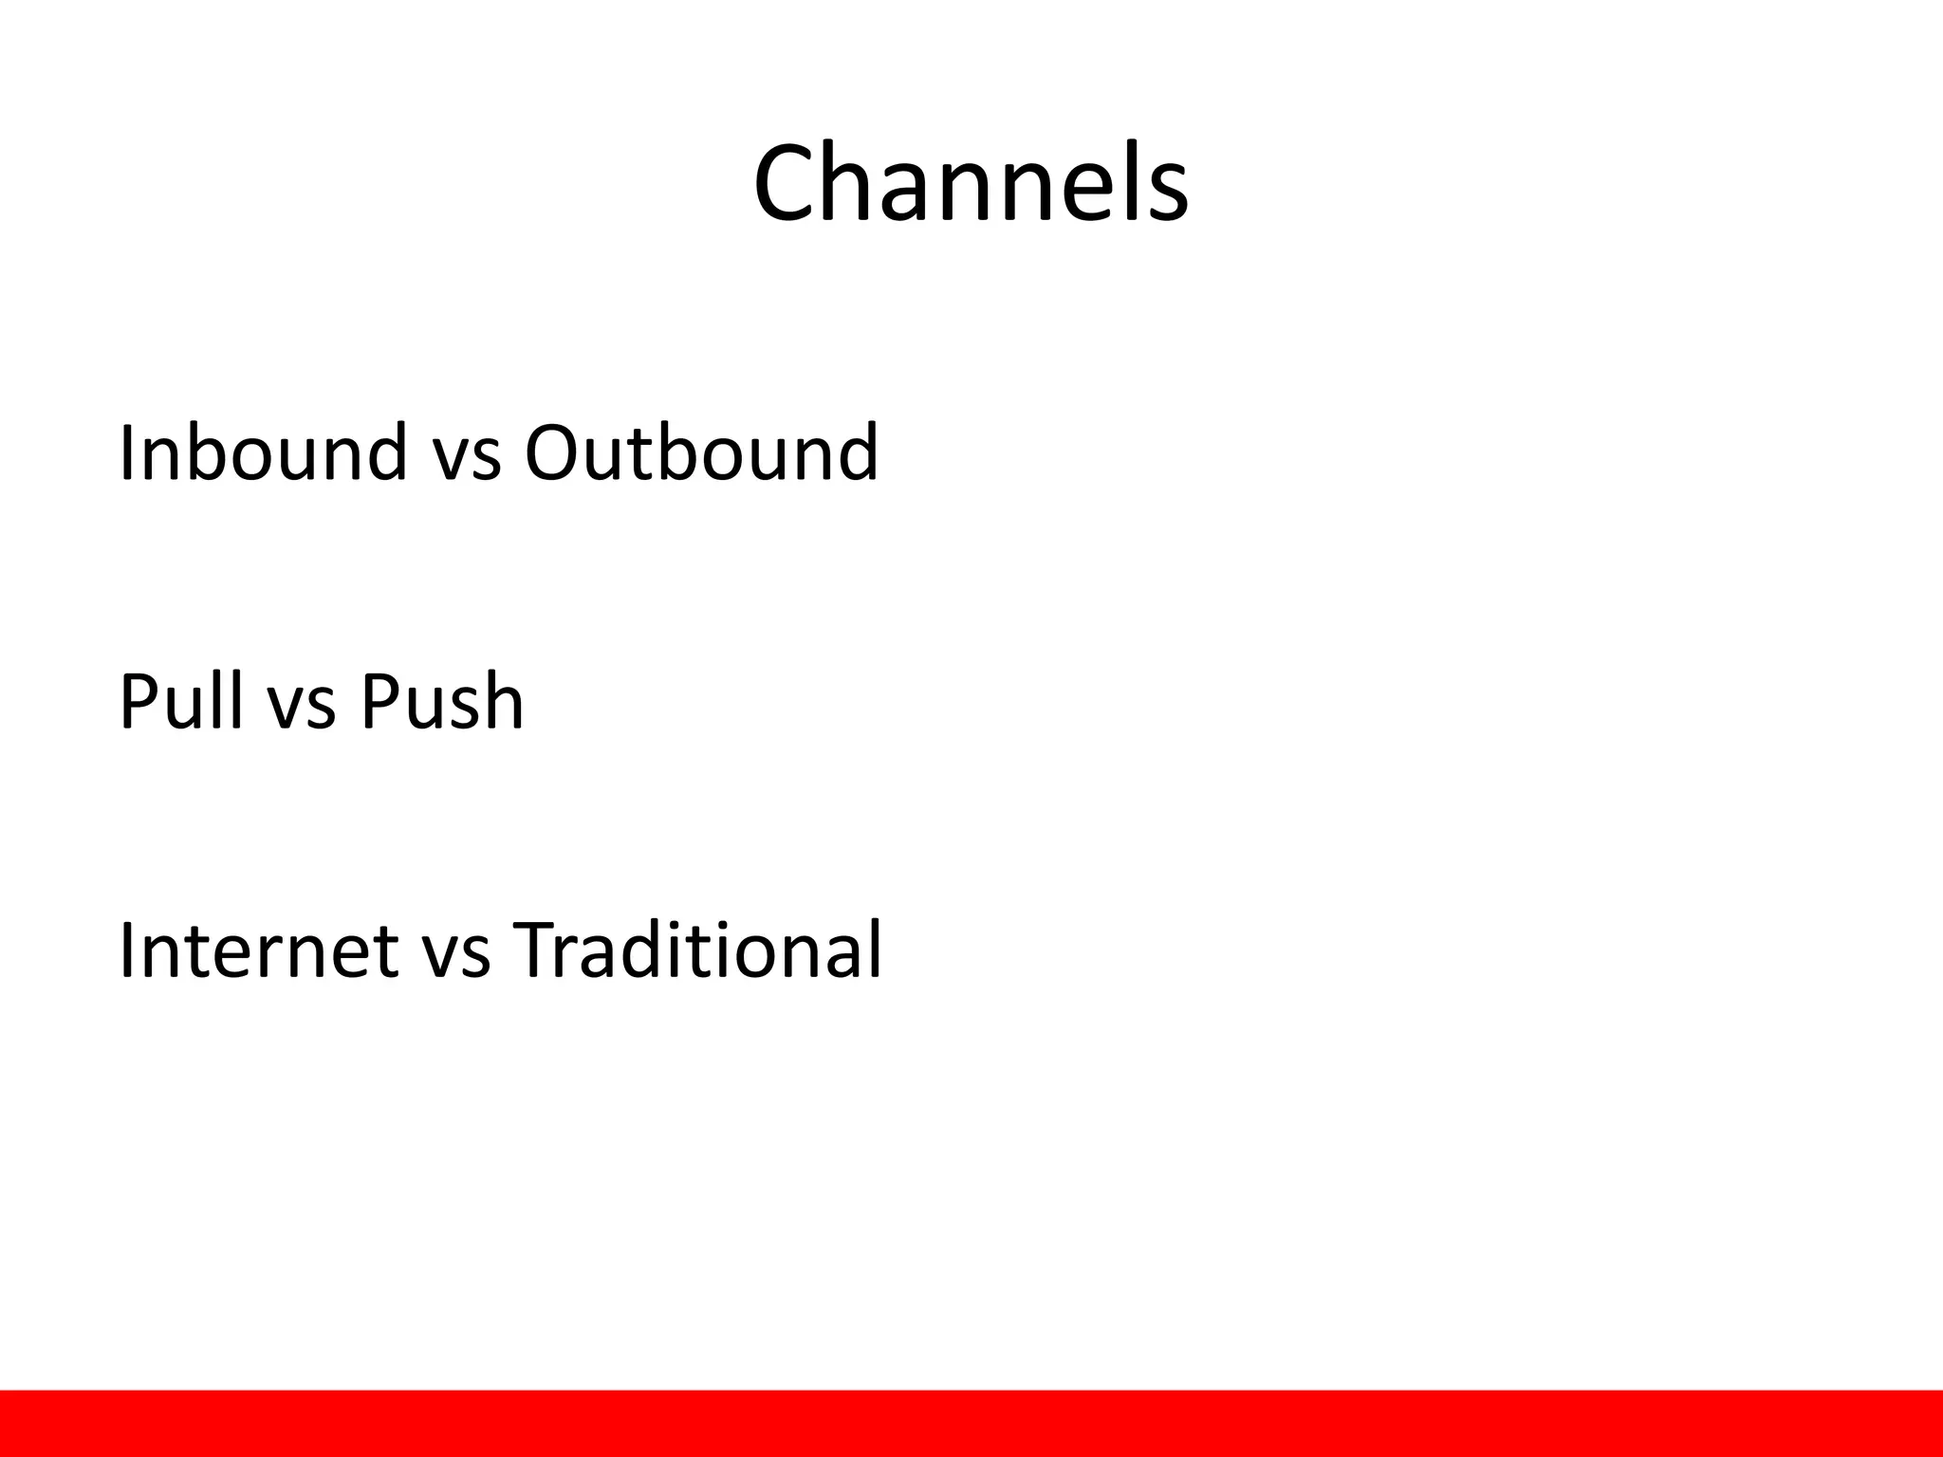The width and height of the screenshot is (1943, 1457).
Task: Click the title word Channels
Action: point(971,183)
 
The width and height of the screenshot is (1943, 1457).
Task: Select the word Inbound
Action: point(263,453)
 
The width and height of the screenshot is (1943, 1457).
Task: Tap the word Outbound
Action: point(701,453)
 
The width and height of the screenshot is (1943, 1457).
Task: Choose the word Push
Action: point(441,702)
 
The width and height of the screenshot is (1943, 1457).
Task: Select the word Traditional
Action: point(697,950)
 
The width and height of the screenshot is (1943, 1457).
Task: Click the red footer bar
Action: point(971,1423)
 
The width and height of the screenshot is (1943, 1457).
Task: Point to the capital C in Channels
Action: point(791,183)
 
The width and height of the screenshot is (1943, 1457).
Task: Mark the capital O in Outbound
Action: point(557,453)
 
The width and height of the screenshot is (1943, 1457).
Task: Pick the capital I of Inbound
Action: point(127,453)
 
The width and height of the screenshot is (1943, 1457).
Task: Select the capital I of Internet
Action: point(127,950)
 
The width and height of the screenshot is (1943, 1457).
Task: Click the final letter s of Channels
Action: point(1167,194)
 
